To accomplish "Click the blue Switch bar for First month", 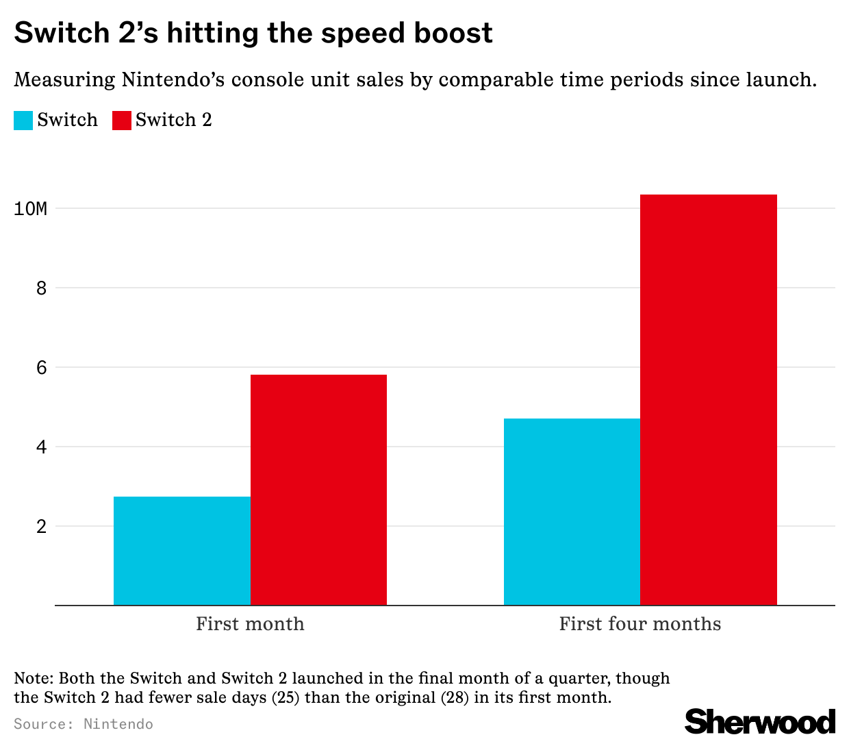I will (181, 551).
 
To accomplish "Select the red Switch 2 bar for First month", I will (318, 490).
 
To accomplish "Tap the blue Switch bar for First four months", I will (572, 512).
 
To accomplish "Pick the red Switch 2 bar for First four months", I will (709, 400).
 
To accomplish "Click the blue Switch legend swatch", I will (23, 121).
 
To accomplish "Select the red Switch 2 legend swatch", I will (121, 121).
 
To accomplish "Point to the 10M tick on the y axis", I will (31, 208).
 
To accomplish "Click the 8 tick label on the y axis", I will (42, 288).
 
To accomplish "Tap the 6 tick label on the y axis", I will (42, 367).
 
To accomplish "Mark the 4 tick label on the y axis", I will (42, 447).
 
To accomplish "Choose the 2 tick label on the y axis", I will (42, 526).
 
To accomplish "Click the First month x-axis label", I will (250, 624).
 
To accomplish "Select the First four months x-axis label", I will (640, 624).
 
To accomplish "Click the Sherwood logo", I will (760, 722).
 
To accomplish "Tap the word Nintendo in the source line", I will (118, 724).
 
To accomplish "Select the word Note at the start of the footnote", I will (33, 679).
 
